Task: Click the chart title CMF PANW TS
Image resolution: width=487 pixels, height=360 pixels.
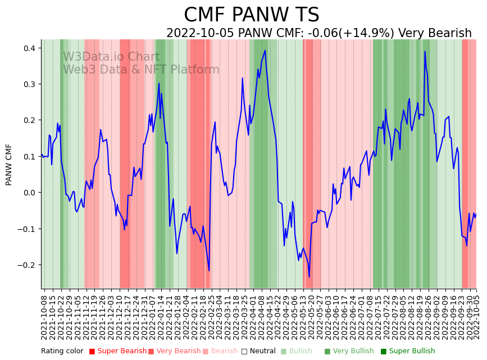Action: (251, 15)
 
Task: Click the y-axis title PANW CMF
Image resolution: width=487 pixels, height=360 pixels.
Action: (9, 165)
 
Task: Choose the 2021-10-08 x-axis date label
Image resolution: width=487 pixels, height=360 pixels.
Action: (44, 315)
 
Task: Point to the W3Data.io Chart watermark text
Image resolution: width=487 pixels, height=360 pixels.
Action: (111, 57)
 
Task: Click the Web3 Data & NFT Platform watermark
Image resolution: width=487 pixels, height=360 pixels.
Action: (141, 70)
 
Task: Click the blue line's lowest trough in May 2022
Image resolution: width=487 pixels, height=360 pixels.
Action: (309, 276)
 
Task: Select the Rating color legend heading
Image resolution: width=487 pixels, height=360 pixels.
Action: (62, 352)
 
